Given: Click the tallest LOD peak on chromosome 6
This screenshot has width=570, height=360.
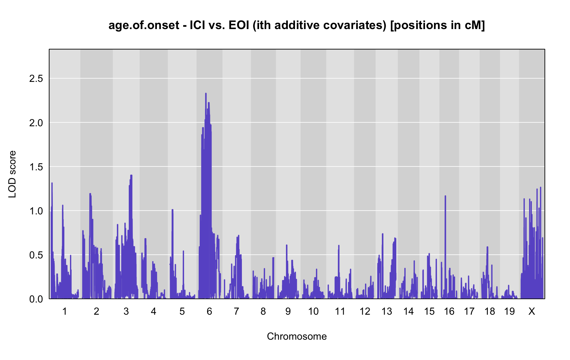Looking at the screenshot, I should (x=206, y=93).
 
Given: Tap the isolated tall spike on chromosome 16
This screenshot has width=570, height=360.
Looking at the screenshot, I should (x=445, y=196).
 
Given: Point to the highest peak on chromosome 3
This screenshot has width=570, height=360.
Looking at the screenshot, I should (x=131, y=176).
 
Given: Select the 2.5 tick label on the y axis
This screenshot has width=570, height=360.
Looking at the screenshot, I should (x=36, y=78).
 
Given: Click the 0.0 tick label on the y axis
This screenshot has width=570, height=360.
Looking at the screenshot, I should (x=36, y=299).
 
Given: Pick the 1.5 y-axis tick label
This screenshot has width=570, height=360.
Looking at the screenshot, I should (x=36, y=167).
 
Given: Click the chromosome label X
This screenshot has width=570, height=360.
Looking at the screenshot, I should (x=532, y=311).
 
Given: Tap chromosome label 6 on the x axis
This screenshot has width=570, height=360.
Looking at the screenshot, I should (x=209, y=311).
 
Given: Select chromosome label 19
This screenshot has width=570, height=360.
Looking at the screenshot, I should (x=509, y=311).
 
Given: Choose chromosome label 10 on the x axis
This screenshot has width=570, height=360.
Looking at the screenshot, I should (x=313, y=311).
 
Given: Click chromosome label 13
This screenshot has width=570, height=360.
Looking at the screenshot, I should (x=387, y=311).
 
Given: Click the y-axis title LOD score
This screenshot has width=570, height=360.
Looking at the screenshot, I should (x=12, y=174).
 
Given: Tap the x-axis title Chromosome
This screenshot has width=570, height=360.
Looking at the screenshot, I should (x=297, y=336).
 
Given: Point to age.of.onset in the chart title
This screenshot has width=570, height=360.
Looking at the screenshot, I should (x=144, y=25).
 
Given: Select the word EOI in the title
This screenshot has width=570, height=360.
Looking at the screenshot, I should (x=239, y=25).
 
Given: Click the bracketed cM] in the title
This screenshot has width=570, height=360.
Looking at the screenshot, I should (x=475, y=25).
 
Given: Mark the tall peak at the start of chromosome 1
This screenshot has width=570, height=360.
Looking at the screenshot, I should (x=52, y=183).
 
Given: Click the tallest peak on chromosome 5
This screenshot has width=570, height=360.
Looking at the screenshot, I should (x=172, y=210).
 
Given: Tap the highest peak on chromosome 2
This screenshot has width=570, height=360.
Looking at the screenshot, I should (x=90, y=194).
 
